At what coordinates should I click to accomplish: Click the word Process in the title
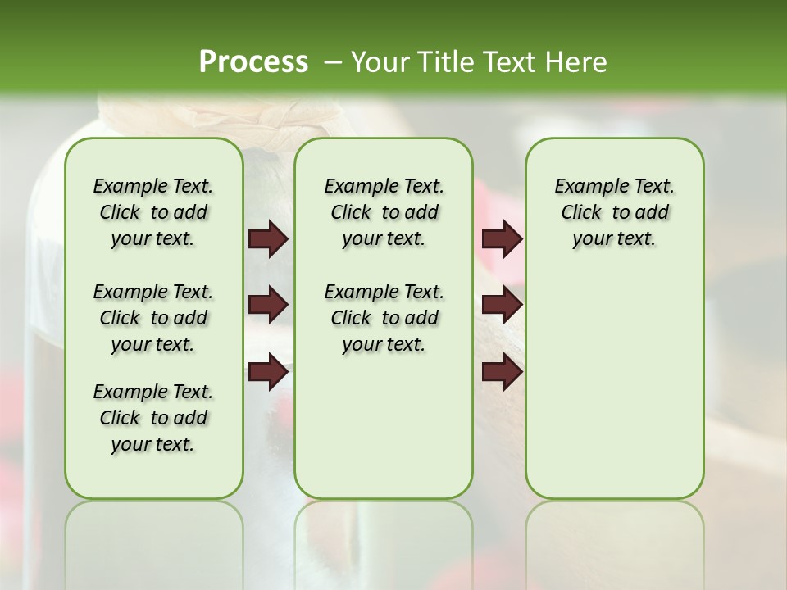(253, 62)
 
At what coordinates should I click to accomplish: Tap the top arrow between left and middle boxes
(268, 239)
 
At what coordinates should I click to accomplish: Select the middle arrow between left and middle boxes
(268, 305)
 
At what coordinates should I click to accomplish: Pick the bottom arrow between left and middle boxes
(268, 372)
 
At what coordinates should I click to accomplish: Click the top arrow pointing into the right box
(502, 239)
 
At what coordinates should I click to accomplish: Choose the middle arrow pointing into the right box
(502, 305)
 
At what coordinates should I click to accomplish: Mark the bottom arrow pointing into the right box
(502, 372)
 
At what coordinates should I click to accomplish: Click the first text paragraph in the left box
(153, 212)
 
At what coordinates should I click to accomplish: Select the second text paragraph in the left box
(153, 318)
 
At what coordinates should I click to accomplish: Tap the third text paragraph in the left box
(153, 418)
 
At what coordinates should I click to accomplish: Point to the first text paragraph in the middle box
(384, 212)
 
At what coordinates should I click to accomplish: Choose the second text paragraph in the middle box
(384, 318)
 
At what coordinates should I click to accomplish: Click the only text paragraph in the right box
(614, 212)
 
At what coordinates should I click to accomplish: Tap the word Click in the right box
(581, 213)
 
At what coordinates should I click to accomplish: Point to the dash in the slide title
(333, 62)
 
